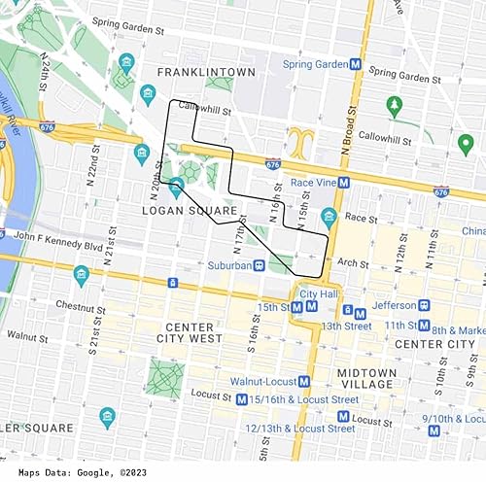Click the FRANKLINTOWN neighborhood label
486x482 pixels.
(209, 72)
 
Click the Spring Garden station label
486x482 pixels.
(315, 64)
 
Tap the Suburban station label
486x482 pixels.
(236, 264)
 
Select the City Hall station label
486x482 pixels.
(318, 293)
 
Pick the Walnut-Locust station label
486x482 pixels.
(263, 381)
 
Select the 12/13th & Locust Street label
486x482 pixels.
(299, 428)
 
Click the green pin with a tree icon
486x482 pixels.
(394, 104)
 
